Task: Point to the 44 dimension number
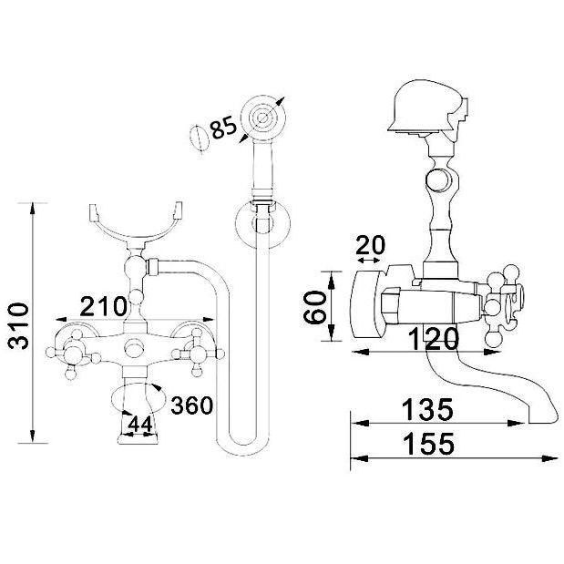point(138,425)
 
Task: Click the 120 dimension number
point(432,341)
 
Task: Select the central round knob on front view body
point(135,348)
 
